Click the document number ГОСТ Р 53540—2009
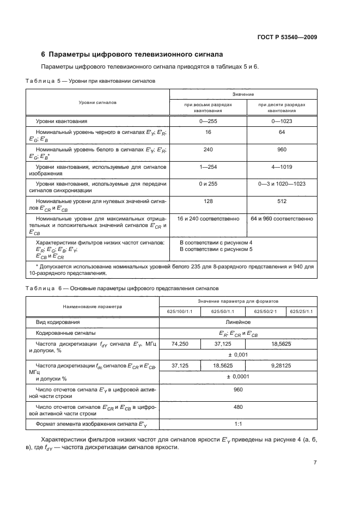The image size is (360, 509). (x=287, y=38)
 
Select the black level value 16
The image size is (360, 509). (x=208, y=132)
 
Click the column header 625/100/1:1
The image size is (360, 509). (x=180, y=311)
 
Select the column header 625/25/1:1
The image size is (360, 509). (x=301, y=311)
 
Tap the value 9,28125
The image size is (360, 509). (x=280, y=366)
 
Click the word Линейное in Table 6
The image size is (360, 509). (x=238, y=322)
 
